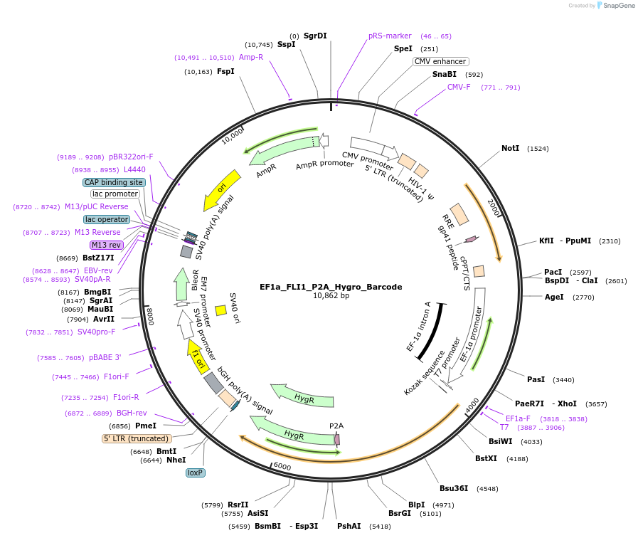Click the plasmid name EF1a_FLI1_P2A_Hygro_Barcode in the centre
point(331,287)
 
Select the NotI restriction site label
point(510,148)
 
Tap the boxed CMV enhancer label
point(441,61)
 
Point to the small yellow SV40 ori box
point(220,310)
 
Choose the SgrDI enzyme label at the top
point(315,36)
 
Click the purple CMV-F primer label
point(459,87)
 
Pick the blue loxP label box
point(196,473)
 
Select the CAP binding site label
point(114,182)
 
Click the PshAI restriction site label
point(349,526)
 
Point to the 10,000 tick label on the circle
point(233,135)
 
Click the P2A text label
point(336,426)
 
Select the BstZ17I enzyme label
point(98,258)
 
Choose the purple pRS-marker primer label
point(390,36)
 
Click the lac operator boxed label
point(107,219)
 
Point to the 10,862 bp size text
point(331,296)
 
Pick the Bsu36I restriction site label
point(454,488)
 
